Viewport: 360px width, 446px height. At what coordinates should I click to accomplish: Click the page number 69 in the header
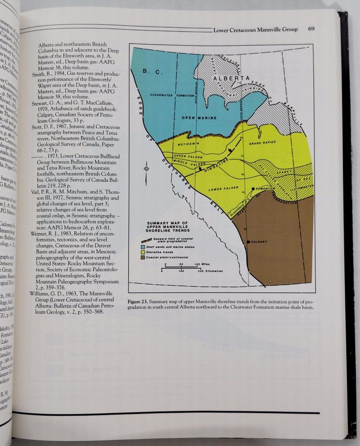312,29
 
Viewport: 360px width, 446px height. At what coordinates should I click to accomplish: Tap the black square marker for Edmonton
253,189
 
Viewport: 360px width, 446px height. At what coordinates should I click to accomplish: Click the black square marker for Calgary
249,242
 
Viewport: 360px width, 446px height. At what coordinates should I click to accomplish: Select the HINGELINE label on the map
215,164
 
